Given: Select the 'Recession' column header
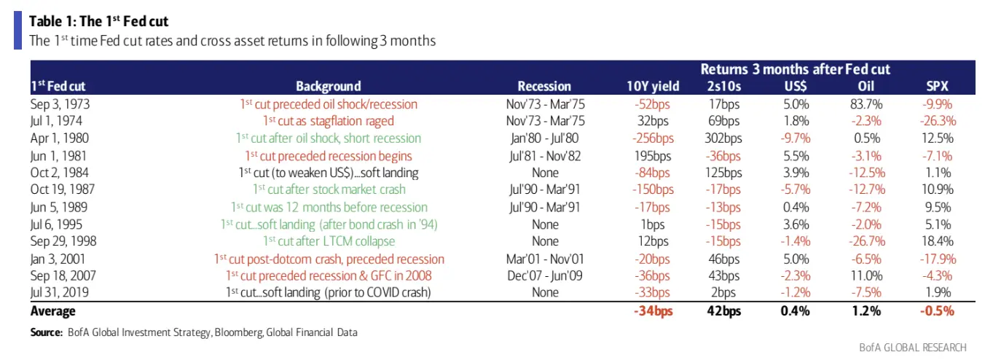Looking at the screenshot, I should click(544, 86).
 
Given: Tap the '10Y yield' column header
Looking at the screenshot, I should click(653, 86).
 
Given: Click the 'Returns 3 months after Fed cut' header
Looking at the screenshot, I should click(795, 69).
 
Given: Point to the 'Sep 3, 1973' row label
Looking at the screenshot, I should click(60, 103).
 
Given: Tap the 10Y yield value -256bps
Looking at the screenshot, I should click(653, 138).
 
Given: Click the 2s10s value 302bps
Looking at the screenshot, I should click(725, 138).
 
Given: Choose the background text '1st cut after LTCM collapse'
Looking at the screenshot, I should click(328, 242).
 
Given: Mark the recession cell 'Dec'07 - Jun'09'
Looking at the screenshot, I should click(544, 276).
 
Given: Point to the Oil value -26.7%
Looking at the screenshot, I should click(866, 242).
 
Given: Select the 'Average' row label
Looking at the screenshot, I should click(52, 311).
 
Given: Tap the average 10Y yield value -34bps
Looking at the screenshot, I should click(653, 311).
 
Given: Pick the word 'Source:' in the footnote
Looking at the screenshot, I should click(46, 332).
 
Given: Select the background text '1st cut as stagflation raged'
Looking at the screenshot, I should click(328, 121).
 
